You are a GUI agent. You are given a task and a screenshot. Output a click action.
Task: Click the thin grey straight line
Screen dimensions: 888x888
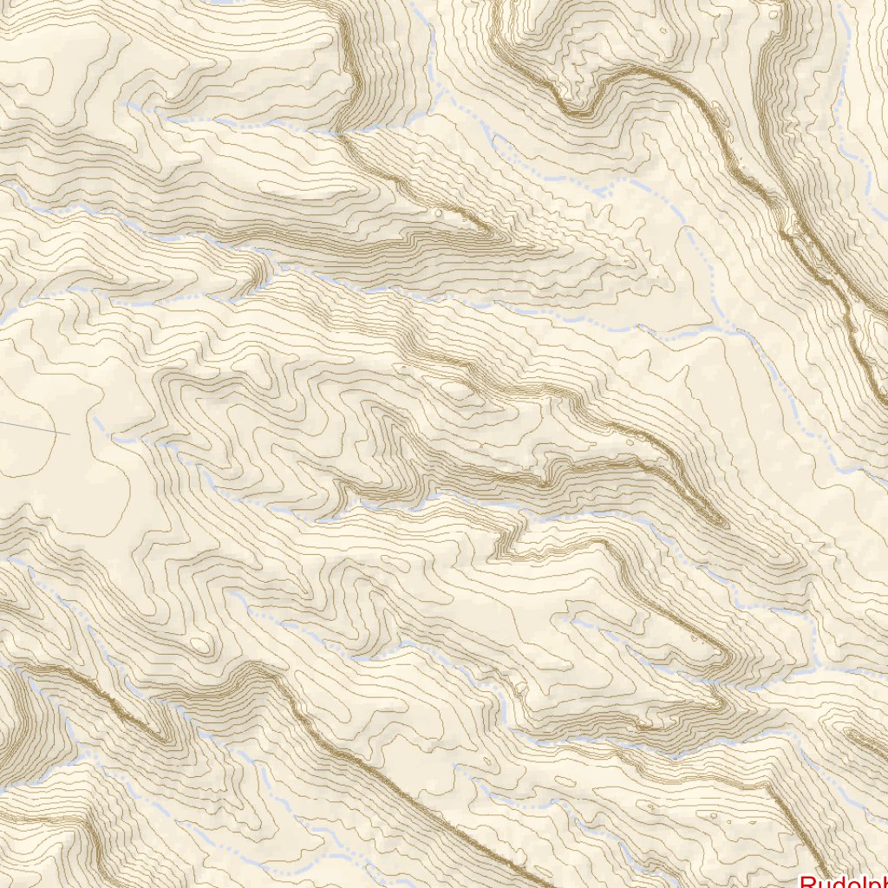point(35,428)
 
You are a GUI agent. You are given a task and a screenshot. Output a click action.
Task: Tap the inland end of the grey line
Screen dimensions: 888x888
point(69,434)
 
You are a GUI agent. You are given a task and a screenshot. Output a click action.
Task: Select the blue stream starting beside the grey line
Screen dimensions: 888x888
point(113,434)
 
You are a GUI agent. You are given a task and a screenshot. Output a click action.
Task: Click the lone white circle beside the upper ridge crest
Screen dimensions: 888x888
point(439,210)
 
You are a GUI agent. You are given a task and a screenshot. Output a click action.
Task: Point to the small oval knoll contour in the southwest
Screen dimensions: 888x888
point(203,644)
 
